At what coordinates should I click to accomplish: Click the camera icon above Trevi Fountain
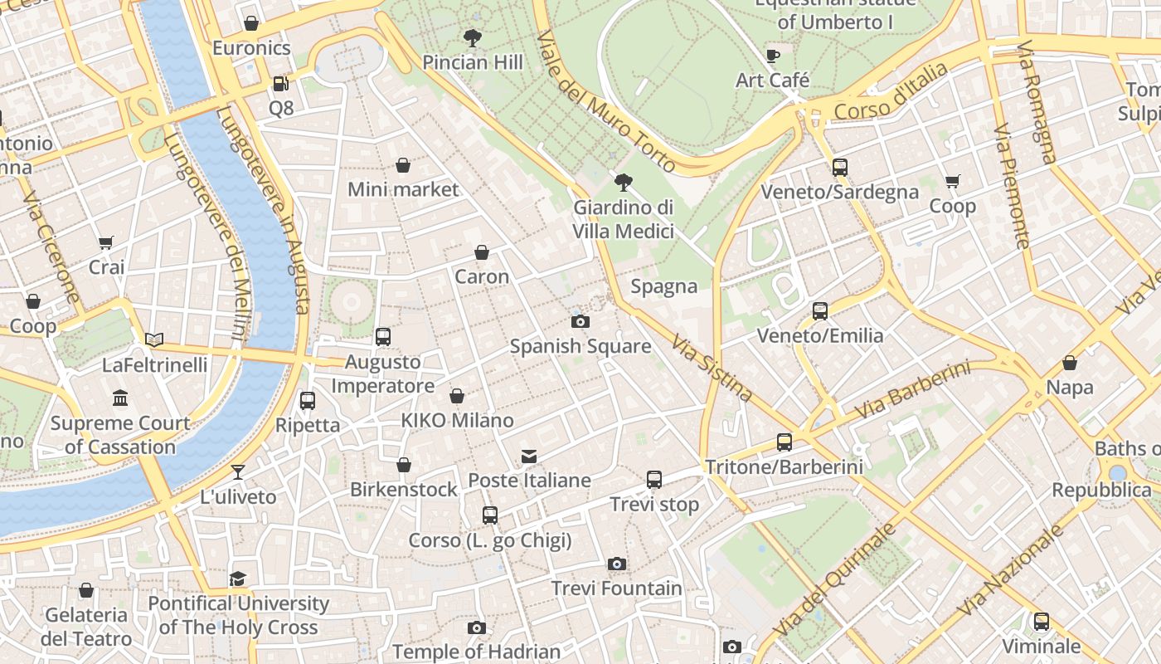click(615, 564)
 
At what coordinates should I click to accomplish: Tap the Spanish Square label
click(580, 346)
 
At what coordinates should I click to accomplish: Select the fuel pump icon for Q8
click(280, 84)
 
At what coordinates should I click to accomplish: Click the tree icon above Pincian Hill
click(473, 38)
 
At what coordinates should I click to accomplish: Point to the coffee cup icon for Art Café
click(773, 56)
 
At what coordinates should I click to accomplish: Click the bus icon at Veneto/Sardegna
click(839, 168)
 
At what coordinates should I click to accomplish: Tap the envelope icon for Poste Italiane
click(529, 456)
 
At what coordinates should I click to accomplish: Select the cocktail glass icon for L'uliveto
click(238, 472)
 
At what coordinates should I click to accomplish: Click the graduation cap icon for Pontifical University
click(238, 579)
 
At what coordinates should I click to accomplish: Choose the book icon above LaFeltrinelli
click(154, 339)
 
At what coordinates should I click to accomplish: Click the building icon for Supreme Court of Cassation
click(120, 398)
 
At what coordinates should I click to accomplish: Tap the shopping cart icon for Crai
click(105, 243)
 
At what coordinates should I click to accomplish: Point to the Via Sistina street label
click(712, 368)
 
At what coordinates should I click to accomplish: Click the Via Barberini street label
click(912, 390)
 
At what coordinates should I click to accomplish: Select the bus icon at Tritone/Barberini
click(784, 442)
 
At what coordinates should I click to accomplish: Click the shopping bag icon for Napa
click(1070, 363)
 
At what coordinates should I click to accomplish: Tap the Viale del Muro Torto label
click(606, 103)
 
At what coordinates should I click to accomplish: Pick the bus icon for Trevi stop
click(654, 480)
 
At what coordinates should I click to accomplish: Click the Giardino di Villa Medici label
click(624, 219)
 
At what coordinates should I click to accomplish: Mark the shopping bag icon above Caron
click(482, 252)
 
